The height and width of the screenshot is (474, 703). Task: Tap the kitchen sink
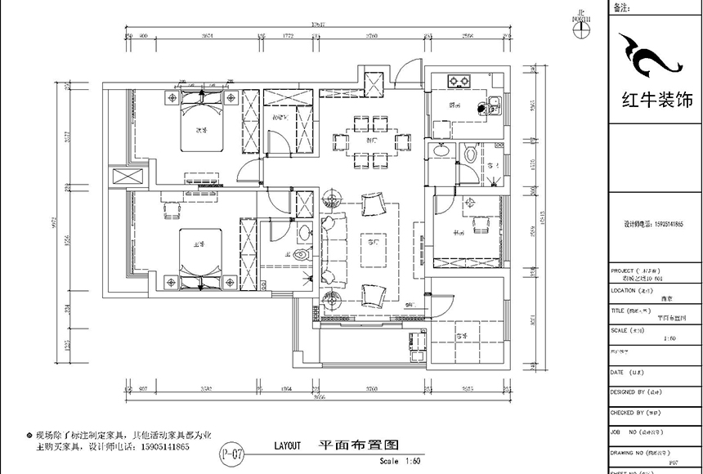tap(493, 105)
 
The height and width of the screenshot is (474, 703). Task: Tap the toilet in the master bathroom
tap(304, 256)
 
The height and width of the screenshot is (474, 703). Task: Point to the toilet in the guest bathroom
tap(470, 154)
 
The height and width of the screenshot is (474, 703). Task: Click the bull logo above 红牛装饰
tap(651, 57)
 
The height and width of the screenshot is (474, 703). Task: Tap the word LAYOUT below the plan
tap(289, 446)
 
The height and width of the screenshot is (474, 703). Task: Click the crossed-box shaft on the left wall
tap(119, 177)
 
